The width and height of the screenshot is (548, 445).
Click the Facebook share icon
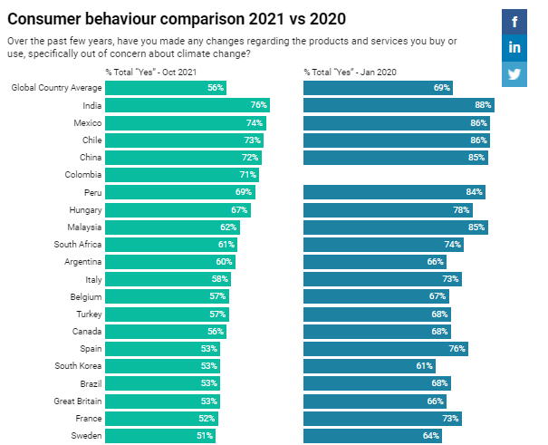[x=514, y=22]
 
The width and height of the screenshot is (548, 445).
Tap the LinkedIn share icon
[x=514, y=47]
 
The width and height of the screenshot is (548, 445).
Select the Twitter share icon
[x=514, y=73]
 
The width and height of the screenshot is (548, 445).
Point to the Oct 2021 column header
[x=149, y=72]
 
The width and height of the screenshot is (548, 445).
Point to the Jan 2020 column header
[x=350, y=72]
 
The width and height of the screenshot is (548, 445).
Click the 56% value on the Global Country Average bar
[x=215, y=88]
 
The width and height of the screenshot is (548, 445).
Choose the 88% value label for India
[x=483, y=105]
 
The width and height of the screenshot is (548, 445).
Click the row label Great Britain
[x=77, y=401]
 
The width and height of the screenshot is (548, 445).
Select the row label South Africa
[x=77, y=245]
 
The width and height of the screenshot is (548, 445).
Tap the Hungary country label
[x=84, y=209]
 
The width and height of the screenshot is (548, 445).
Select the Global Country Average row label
[x=55, y=88]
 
